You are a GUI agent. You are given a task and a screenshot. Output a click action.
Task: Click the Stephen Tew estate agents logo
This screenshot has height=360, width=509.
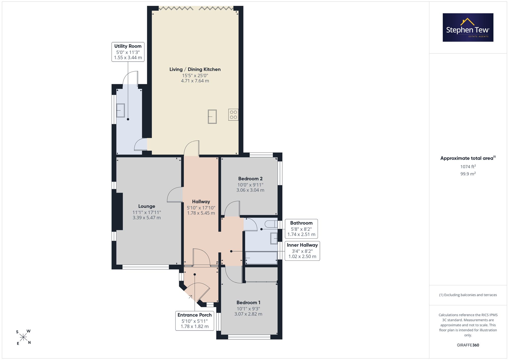coord(468,27)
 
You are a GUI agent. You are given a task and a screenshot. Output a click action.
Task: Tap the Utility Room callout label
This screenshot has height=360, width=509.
coord(128,52)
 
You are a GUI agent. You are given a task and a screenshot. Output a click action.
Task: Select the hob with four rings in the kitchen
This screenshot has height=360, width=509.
coord(233,114)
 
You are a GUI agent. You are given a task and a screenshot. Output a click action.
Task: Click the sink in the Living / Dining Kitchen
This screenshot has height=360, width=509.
coord(212,117)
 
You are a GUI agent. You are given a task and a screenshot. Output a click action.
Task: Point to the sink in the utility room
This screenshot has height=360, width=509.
coord(121,110)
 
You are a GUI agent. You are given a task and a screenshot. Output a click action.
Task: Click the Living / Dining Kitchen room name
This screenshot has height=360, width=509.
coord(195,69)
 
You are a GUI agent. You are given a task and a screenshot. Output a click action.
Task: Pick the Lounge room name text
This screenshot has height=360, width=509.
coord(147,206)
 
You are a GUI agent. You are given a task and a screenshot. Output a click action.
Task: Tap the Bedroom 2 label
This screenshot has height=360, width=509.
coord(250,179)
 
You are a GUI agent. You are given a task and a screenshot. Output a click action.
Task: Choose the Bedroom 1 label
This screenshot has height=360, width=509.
coord(248,303)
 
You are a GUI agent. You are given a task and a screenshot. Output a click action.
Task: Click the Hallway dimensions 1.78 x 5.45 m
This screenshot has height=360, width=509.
coord(201,213)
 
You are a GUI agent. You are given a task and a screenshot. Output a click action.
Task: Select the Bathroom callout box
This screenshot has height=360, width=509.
coord(301,229)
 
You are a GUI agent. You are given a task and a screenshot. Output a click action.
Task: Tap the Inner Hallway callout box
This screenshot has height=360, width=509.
coord(302,251)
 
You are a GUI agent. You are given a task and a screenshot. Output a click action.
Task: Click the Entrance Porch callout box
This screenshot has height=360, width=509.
coord(195,321)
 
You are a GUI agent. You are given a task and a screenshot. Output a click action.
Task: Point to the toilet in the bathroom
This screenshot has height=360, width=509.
coord(271,224)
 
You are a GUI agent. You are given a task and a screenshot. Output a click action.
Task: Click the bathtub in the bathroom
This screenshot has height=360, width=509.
coord(261,258)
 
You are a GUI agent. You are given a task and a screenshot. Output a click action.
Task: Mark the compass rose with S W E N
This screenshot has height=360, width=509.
coord(23,337)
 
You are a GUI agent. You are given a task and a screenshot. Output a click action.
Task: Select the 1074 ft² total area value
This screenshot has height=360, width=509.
coord(468,167)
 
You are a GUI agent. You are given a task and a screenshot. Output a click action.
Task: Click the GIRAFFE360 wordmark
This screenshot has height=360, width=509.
coord(468,345)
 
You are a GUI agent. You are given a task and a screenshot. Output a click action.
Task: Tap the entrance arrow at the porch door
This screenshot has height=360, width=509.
coord(190,297)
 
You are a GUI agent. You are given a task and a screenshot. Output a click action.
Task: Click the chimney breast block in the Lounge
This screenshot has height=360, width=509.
coord(119,211)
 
